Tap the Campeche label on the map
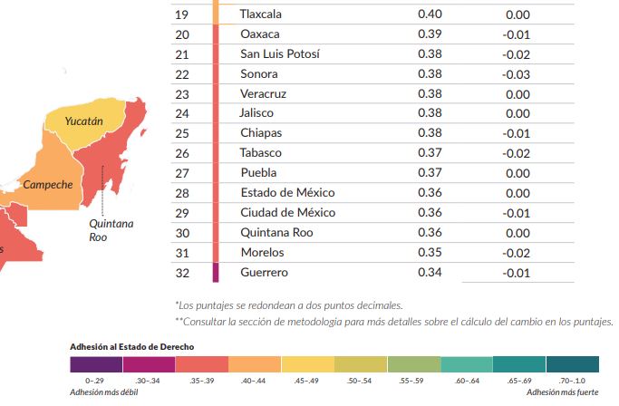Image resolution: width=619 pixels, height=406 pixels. tap(47, 185)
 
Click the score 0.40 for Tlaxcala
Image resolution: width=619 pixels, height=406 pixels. tap(430, 14)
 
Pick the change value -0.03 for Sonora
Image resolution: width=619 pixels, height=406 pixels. tap(517, 74)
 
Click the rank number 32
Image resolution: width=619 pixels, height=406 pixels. tap(181, 272)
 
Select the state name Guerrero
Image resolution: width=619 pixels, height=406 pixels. tap(264, 272)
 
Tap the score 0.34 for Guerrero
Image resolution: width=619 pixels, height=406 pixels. tap(430, 272)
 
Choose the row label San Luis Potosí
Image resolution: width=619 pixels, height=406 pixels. tap(279, 54)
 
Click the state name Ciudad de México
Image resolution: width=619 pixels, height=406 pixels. tap(287, 213)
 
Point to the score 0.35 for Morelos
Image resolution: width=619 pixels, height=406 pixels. tap(430, 252)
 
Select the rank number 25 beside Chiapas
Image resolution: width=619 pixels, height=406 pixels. tap(181, 133)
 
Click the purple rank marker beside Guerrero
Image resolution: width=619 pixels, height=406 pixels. tap(216, 272)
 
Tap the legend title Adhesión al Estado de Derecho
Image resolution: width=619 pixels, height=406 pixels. tap(131, 347)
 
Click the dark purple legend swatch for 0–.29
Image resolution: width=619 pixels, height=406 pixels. tap(95, 364)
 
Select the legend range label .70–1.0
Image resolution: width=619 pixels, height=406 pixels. tap(572, 382)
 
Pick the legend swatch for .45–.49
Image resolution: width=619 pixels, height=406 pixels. tap(307, 364)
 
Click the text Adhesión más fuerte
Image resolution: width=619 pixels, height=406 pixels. tap(563, 392)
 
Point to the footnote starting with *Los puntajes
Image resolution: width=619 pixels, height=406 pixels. tap(287, 304)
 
